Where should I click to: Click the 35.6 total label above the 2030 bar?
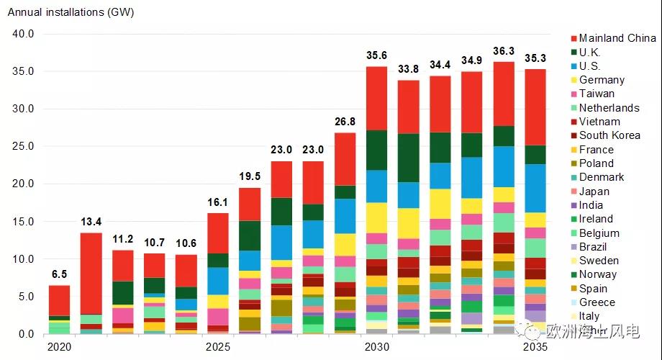[376, 55]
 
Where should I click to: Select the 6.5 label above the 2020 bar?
[59, 274]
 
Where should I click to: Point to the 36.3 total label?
[504, 50]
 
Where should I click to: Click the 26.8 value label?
[345, 121]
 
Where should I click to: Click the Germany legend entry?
[602, 80]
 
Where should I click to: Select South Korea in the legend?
[609, 135]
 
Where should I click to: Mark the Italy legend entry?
[589, 316]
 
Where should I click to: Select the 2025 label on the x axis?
[217, 347]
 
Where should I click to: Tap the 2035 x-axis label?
[535, 347]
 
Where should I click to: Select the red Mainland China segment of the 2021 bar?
[90, 274]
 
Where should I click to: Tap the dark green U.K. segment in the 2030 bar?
[376, 150]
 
